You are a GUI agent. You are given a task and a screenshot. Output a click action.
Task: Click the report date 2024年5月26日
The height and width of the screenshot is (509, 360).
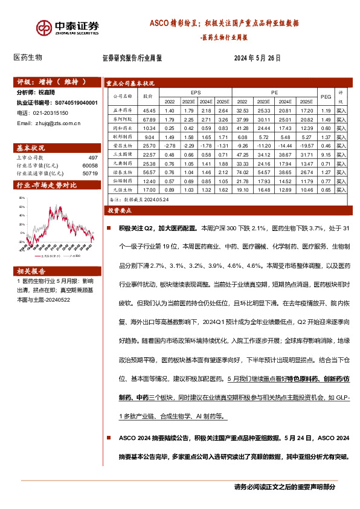[x=257, y=59]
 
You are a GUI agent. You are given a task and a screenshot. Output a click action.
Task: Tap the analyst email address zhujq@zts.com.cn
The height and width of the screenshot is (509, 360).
[x=49, y=123]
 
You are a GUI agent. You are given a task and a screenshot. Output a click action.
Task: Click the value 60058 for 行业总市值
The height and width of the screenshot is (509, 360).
[x=89, y=164]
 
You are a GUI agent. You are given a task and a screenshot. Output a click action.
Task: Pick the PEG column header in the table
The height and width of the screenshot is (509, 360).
[x=326, y=96]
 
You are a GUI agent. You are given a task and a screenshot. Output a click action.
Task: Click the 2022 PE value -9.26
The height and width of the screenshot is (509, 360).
[x=243, y=146]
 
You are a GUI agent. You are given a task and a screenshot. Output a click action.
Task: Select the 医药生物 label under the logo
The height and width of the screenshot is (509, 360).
[x=28, y=58]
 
